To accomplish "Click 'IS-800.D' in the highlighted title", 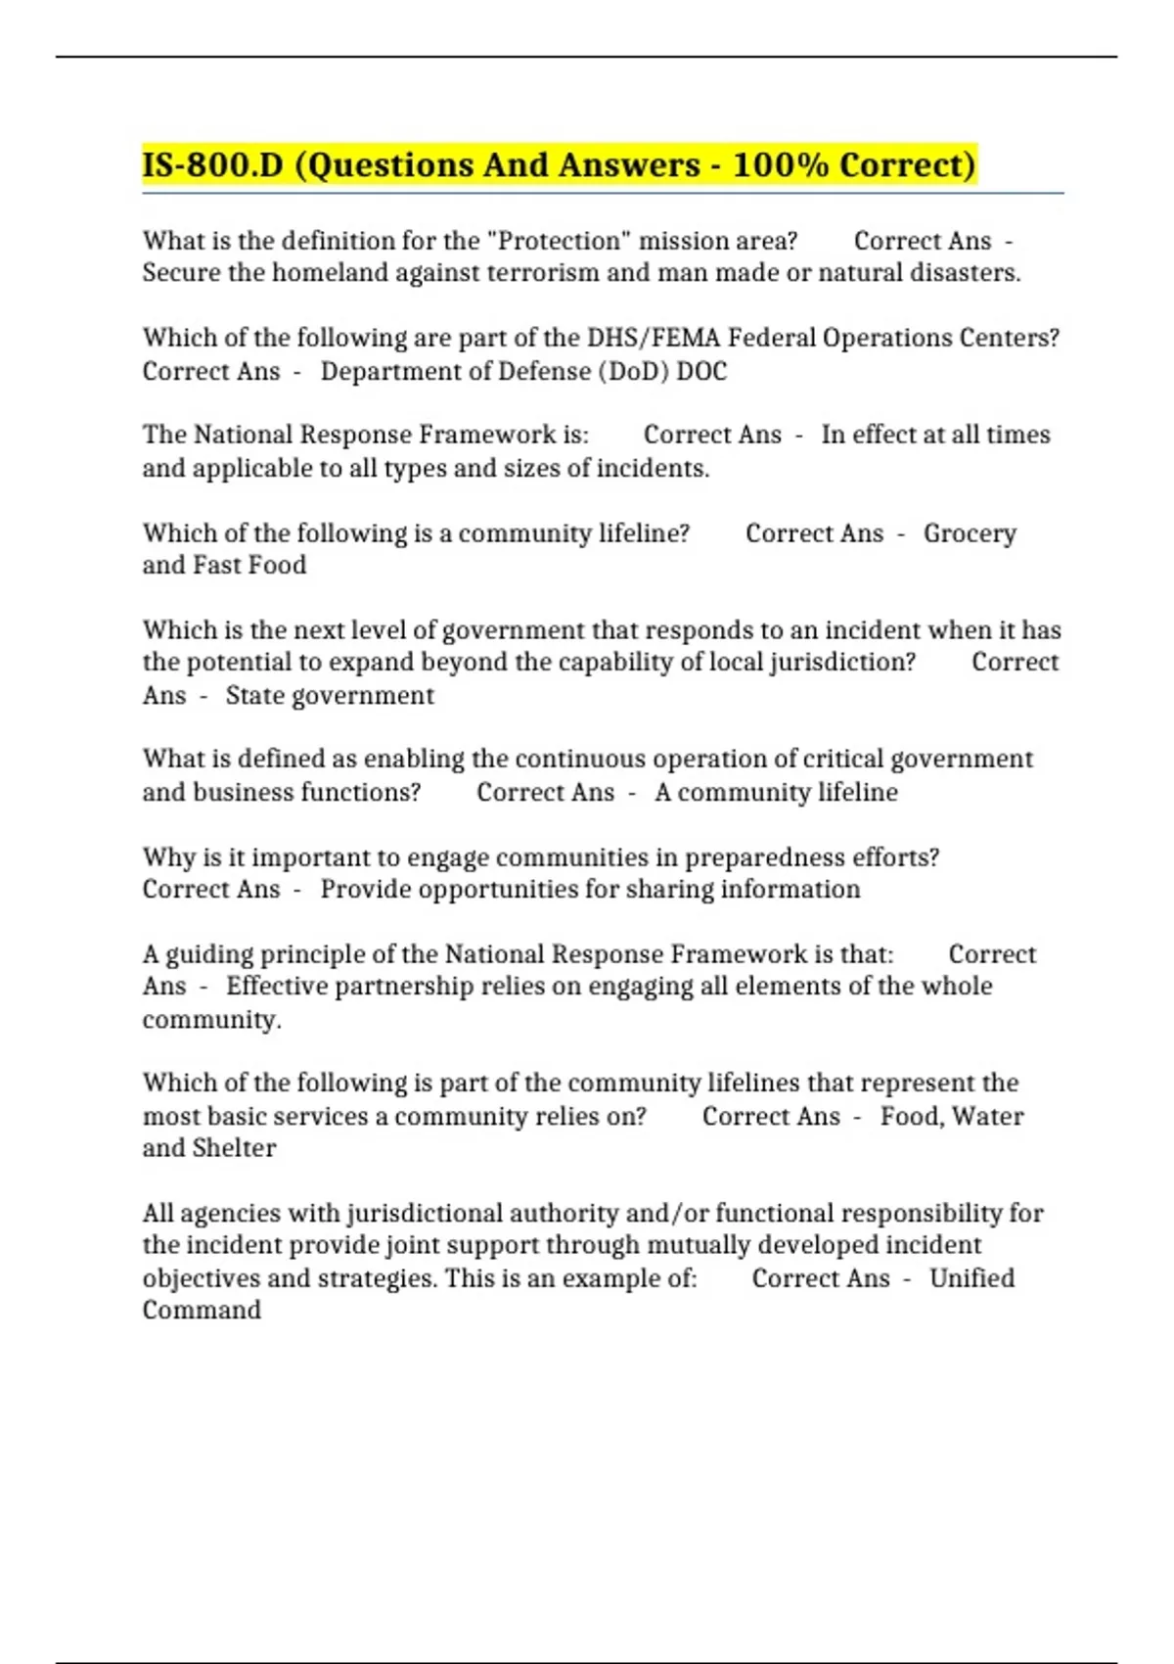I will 212,164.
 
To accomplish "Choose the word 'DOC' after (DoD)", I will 701,372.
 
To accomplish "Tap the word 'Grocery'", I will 970,533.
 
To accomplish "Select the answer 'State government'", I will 330,696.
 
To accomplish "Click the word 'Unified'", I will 971,1278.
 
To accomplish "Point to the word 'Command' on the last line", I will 202,1311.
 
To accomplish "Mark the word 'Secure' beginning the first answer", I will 181,273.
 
